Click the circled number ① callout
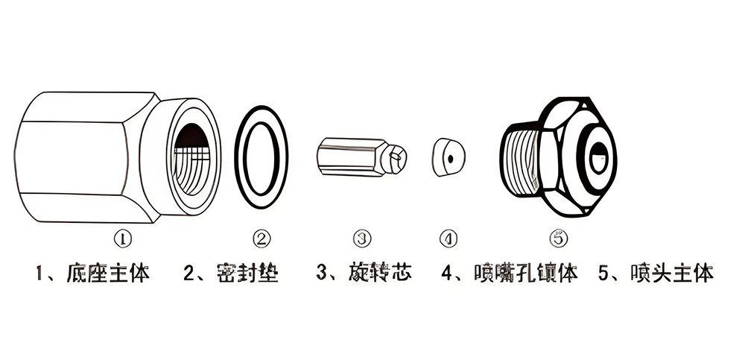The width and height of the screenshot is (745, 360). click(123, 239)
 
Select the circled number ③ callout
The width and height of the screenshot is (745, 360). click(361, 239)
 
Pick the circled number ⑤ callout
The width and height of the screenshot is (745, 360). click(558, 239)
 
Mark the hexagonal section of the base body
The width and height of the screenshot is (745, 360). click(82, 157)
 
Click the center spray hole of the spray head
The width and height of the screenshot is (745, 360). click(597, 158)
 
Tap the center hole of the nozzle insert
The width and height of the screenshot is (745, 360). click(450, 157)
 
